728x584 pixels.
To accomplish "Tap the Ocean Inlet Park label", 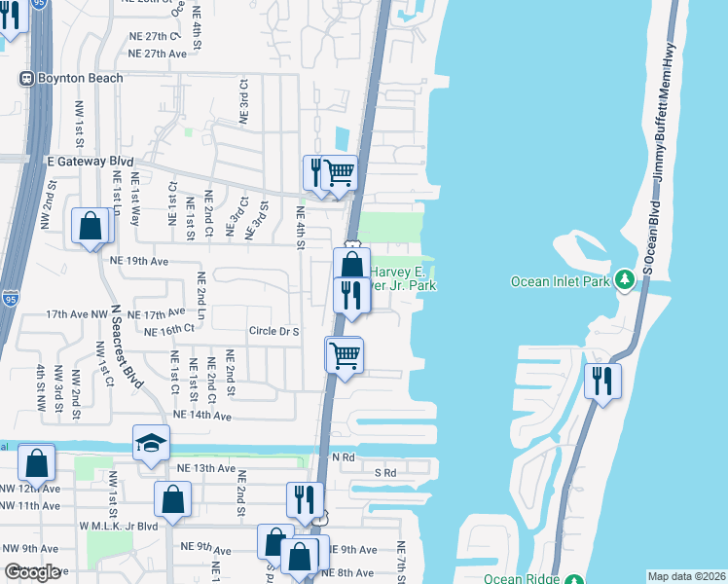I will [x=560, y=281].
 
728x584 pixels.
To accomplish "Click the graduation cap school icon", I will [x=151, y=443].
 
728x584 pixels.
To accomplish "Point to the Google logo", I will [x=31, y=572].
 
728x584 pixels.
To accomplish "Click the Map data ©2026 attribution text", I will [x=685, y=576].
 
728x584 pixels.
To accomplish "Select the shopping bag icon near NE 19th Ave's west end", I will [x=90, y=228].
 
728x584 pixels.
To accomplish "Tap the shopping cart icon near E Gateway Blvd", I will [x=339, y=172].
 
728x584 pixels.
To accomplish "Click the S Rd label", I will [x=385, y=473].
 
